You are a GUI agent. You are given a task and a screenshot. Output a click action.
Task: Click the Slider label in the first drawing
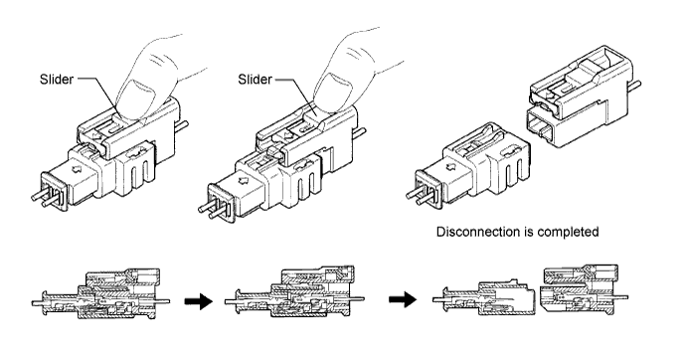[x=57, y=80]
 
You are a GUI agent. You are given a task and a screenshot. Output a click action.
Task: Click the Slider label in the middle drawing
[x=256, y=80]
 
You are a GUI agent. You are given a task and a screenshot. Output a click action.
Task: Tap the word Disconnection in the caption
[x=480, y=232]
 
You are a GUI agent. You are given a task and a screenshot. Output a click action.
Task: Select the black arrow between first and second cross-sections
[x=198, y=301]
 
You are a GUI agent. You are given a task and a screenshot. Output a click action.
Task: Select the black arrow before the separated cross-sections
[x=403, y=299]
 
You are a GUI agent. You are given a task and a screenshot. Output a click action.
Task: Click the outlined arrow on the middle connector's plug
[x=245, y=179]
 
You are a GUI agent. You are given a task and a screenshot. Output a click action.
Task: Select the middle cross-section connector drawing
[x=294, y=291]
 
